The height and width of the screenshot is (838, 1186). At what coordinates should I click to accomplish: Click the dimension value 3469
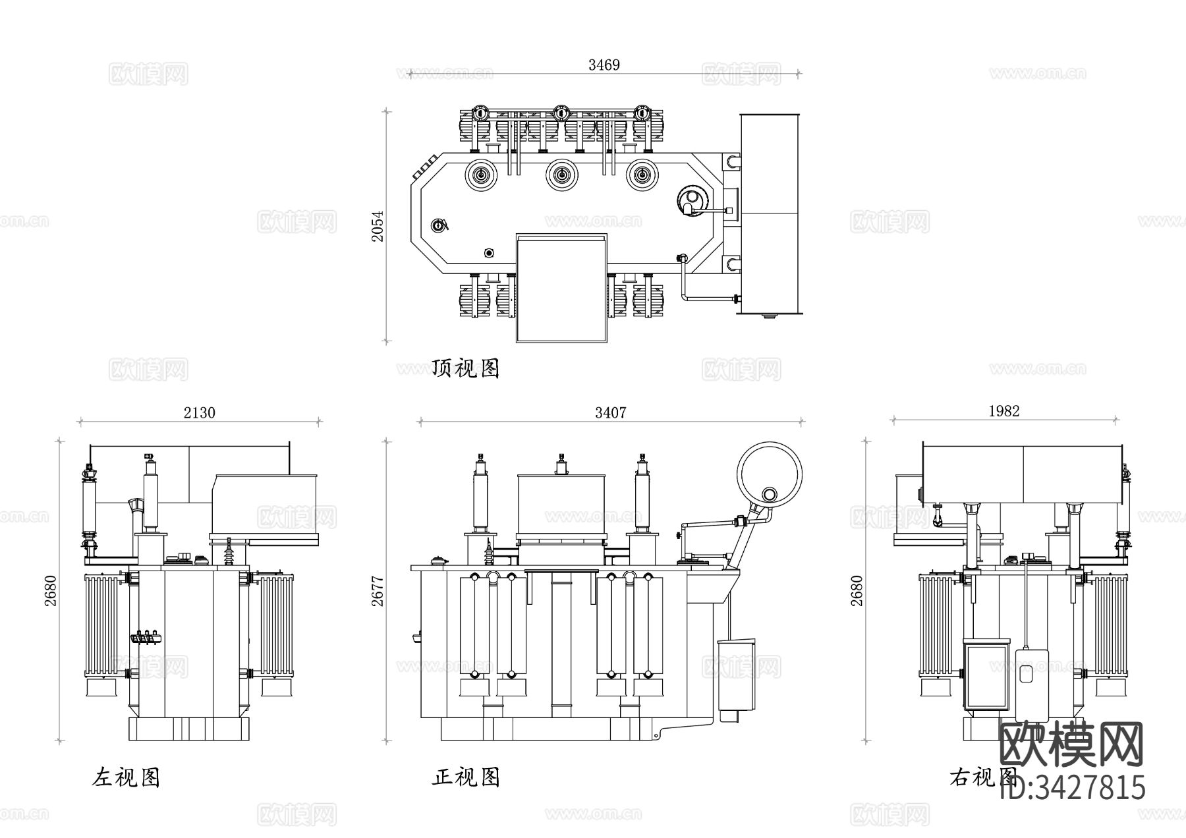point(604,65)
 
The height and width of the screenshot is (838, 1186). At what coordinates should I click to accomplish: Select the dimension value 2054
point(377,226)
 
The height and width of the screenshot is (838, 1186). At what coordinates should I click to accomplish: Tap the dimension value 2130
point(199,412)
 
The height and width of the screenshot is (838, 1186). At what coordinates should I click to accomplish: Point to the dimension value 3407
point(610,412)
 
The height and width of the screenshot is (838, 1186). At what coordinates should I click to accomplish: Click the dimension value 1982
point(1003,411)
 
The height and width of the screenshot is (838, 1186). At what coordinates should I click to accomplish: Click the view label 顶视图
point(466,368)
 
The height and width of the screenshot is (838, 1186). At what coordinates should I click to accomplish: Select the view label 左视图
point(126,777)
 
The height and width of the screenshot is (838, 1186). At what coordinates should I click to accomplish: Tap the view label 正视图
point(466,777)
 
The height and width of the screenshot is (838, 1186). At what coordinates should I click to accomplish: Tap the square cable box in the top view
point(561,288)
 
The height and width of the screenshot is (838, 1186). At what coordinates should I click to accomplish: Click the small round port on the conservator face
point(768,495)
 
